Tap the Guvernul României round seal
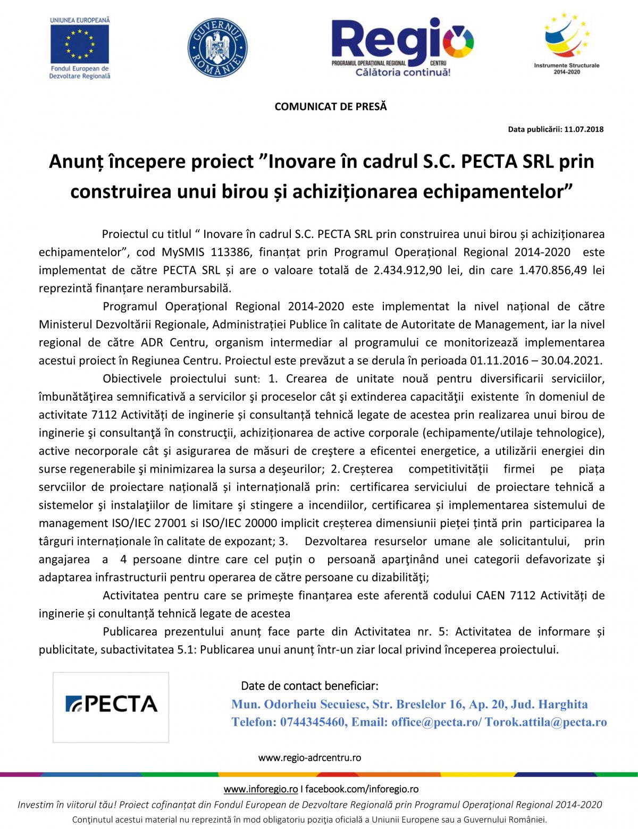[x=217, y=48]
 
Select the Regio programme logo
[x=402, y=47]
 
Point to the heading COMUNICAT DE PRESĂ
[x=331, y=107]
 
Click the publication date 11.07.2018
[x=584, y=129]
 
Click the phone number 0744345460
[x=312, y=722]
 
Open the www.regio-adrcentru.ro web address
[x=309, y=758]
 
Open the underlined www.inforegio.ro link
[x=261, y=789]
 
